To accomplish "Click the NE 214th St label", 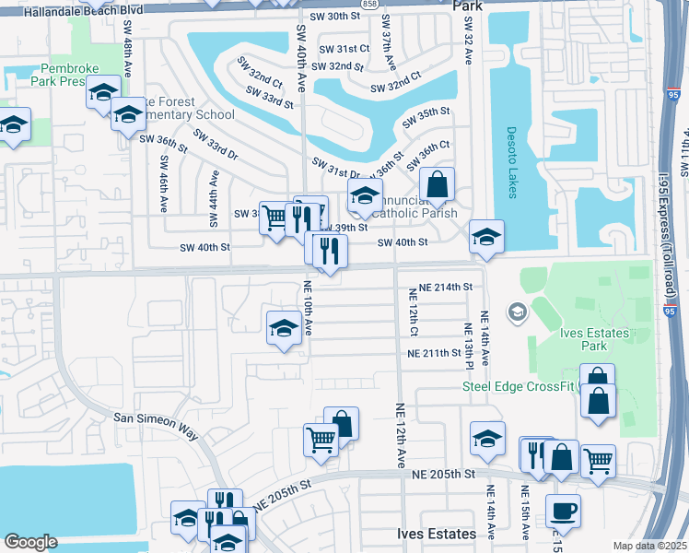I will click(446, 288).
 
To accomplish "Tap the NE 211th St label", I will click(435, 353).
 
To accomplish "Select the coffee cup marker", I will click(562, 511).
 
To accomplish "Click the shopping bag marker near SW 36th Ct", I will click(438, 184).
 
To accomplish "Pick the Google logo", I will click(30, 542).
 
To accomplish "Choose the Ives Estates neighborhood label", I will click(437, 534).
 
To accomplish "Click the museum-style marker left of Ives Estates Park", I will click(517, 312).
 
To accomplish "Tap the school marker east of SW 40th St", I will click(486, 237).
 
